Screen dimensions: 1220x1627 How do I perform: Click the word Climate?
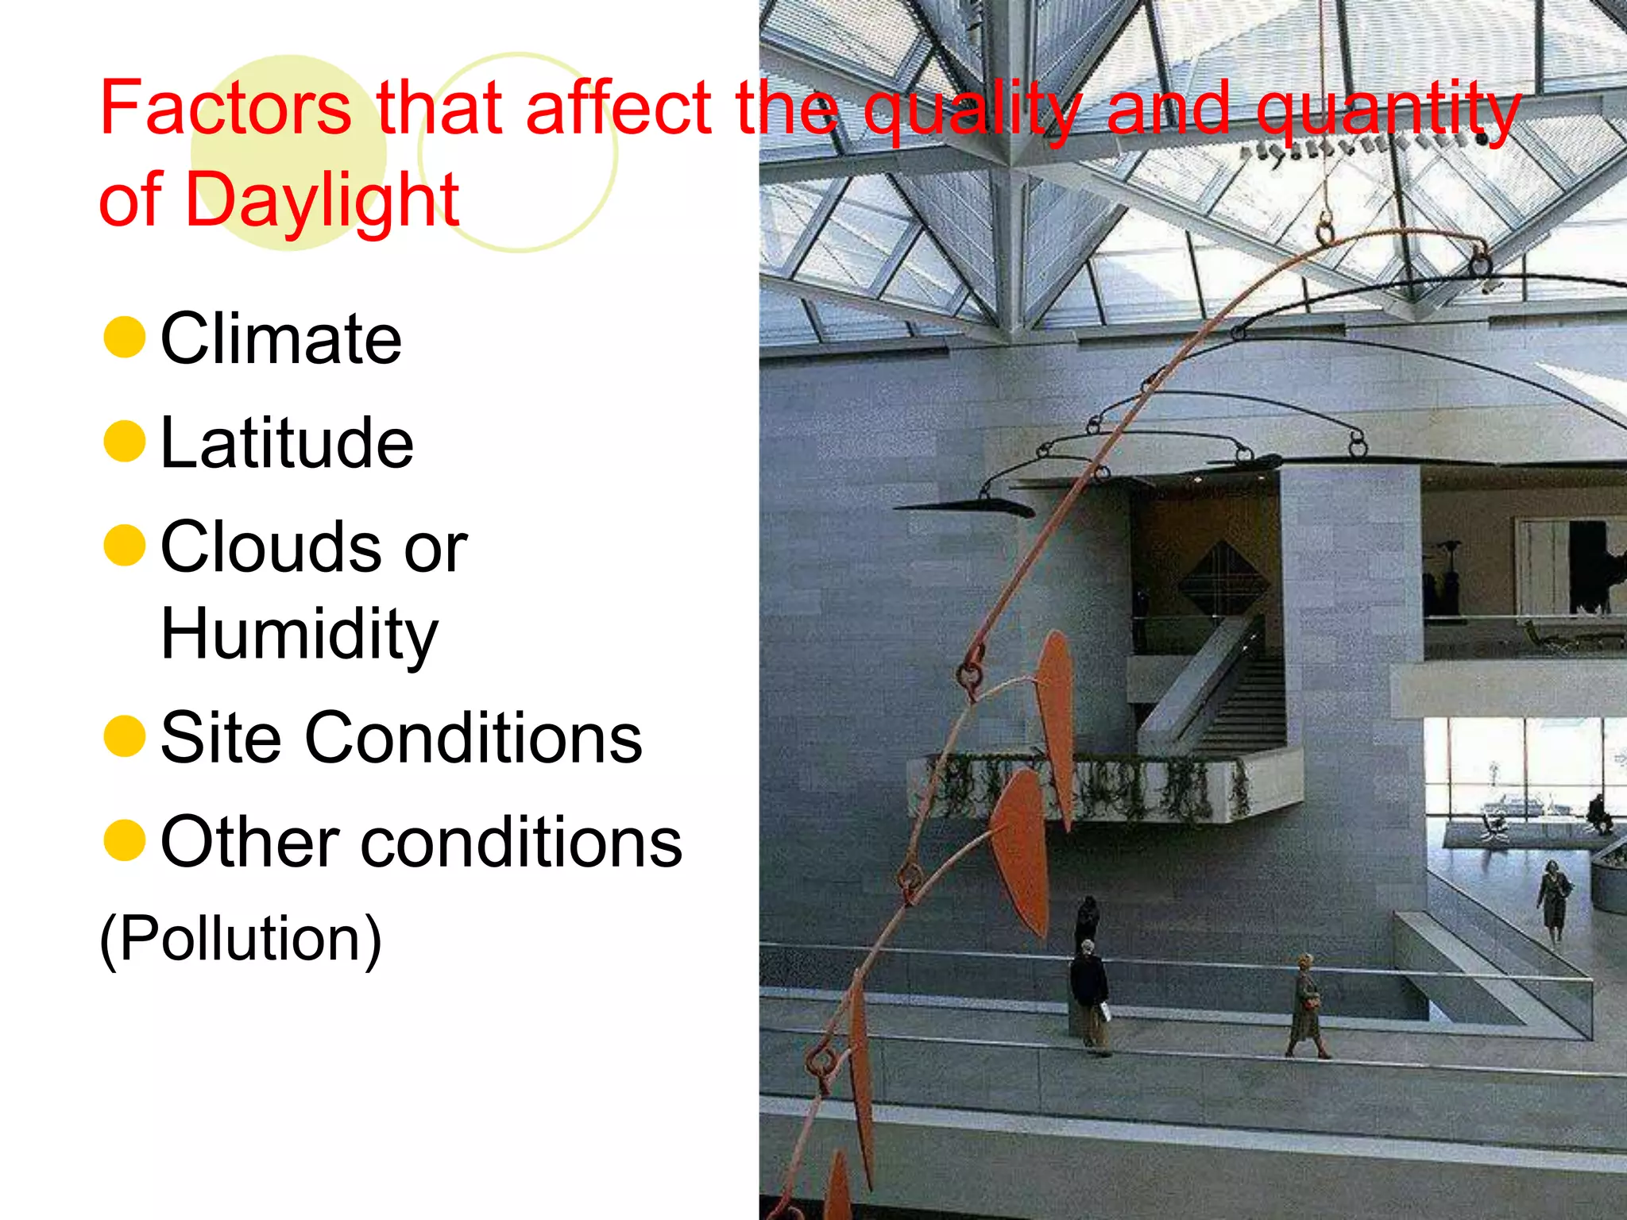tap(281, 339)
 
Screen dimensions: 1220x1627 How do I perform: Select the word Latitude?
tap(287, 443)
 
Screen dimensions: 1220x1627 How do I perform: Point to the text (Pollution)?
tap(240, 940)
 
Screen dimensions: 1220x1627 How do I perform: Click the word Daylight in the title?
tap(322, 199)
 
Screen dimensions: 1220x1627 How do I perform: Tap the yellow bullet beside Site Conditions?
tap(125, 736)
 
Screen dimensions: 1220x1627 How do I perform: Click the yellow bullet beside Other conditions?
tap(125, 841)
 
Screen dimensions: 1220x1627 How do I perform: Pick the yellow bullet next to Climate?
tap(125, 337)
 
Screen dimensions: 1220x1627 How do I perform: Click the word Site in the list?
tap(221, 739)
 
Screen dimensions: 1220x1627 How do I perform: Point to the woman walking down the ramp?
tap(1553, 901)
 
